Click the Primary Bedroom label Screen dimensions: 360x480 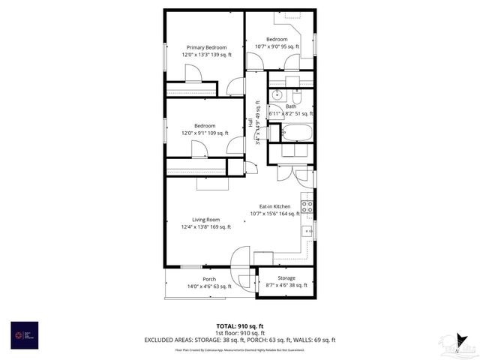[x=206, y=47]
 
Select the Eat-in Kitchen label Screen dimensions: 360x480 [x=274, y=206]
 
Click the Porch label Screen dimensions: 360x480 [x=209, y=279]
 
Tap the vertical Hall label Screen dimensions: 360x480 [x=250, y=124]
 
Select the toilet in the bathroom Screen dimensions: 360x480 [x=296, y=97]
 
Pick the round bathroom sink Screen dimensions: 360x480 [x=277, y=95]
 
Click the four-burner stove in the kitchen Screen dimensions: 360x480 [x=307, y=204]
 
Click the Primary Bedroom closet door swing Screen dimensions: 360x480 [x=193, y=73]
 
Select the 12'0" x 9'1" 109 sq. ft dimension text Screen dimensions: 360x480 [x=205, y=133]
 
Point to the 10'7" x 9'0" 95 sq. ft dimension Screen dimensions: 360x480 [x=277, y=46]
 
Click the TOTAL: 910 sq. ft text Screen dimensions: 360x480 [x=240, y=326]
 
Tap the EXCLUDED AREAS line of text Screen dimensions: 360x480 [x=240, y=340]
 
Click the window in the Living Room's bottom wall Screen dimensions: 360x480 [x=191, y=267]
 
